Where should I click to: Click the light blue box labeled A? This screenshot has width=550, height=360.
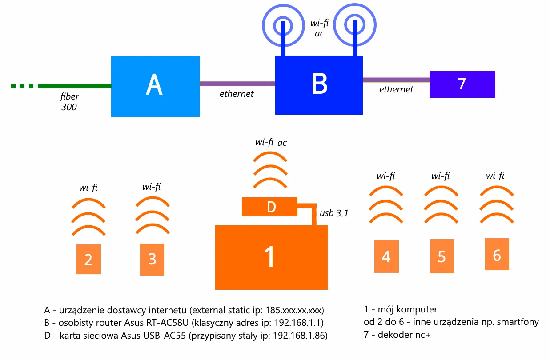[x=155, y=86]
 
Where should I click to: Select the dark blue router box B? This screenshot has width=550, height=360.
[x=319, y=84]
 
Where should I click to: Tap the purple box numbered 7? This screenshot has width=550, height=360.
[x=462, y=84]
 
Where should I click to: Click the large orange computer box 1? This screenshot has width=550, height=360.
[x=271, y=258]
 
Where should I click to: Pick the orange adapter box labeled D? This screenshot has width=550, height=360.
[x=269, y=207]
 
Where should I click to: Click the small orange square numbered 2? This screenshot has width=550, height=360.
[x=88, y=259]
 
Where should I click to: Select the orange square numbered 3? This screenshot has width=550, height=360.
[x=152, y=259]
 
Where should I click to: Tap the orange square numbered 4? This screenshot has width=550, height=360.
[x=386, y=256]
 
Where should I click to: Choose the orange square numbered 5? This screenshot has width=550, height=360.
[x=442, y=256]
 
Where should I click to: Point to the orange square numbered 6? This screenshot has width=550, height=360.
[x=497, y=255]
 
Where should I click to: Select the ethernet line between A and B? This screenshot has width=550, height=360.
[x=237, y=84]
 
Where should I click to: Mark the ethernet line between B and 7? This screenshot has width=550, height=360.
[x=396, y=80]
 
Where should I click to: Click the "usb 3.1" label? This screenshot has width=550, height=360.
[x=334, y=213]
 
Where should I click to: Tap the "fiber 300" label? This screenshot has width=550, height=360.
[x=70, y=101]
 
